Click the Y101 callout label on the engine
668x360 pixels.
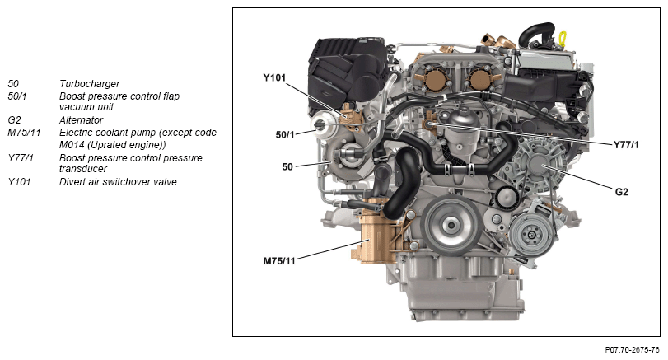coord(274,77)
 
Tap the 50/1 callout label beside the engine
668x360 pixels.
coord(285,134)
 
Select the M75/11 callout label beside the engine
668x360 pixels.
coord(279,261)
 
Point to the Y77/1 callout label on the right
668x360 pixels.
coord(626,145)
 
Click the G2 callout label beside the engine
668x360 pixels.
coord(622,192)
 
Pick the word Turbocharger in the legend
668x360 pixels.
coord(90,84)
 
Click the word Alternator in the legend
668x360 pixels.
coord(81,120)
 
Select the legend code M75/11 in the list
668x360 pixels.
coord(24,133)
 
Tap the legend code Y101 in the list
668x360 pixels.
coord(19,182)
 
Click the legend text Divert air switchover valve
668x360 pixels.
coord(118,182)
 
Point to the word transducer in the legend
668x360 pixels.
coord(83,169)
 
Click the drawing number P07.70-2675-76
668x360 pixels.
coord(633,350)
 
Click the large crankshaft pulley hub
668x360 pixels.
coord(450,224)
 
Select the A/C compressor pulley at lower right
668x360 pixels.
coord(530,235)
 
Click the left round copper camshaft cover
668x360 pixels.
coord(436,81)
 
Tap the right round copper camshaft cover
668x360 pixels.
coord(481,81)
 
